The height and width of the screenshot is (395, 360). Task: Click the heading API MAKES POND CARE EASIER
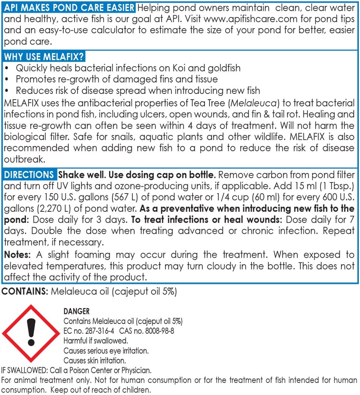[x=69, y=8]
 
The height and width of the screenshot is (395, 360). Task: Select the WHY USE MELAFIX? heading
[x=44, y=57]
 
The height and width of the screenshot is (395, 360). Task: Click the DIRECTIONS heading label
[x=29, y=175]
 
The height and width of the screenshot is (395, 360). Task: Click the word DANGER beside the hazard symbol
[x=76, y=312]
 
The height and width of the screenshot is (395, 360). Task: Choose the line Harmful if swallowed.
[x=95, y=341]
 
